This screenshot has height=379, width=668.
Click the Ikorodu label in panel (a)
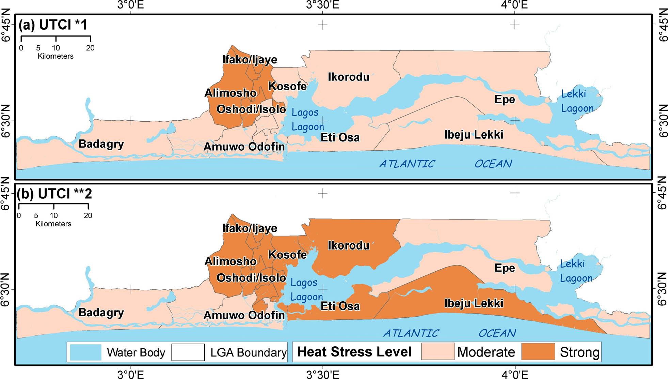click(348, 77)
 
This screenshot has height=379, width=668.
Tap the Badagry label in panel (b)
click(101, 313)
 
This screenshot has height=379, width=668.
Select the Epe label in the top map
click(505, 100)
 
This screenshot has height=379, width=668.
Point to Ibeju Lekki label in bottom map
click(474, 303)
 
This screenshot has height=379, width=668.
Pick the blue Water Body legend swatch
click(85, 352)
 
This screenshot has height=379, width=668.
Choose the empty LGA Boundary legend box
click(188, 352)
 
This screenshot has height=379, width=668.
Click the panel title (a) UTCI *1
click(53, 25)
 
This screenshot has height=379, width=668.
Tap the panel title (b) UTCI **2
click(55, 194)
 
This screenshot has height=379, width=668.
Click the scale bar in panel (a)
click(55, 41)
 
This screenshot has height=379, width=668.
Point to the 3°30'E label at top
click(322, 5)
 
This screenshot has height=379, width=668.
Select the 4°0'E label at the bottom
click(515, 375)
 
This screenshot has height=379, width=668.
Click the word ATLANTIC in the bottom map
click(411, 333)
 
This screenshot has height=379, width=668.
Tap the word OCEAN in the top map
click(493, 164)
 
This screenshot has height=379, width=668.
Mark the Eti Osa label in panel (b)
click(340, 306)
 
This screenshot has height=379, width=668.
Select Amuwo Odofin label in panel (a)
click(244, 147)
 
